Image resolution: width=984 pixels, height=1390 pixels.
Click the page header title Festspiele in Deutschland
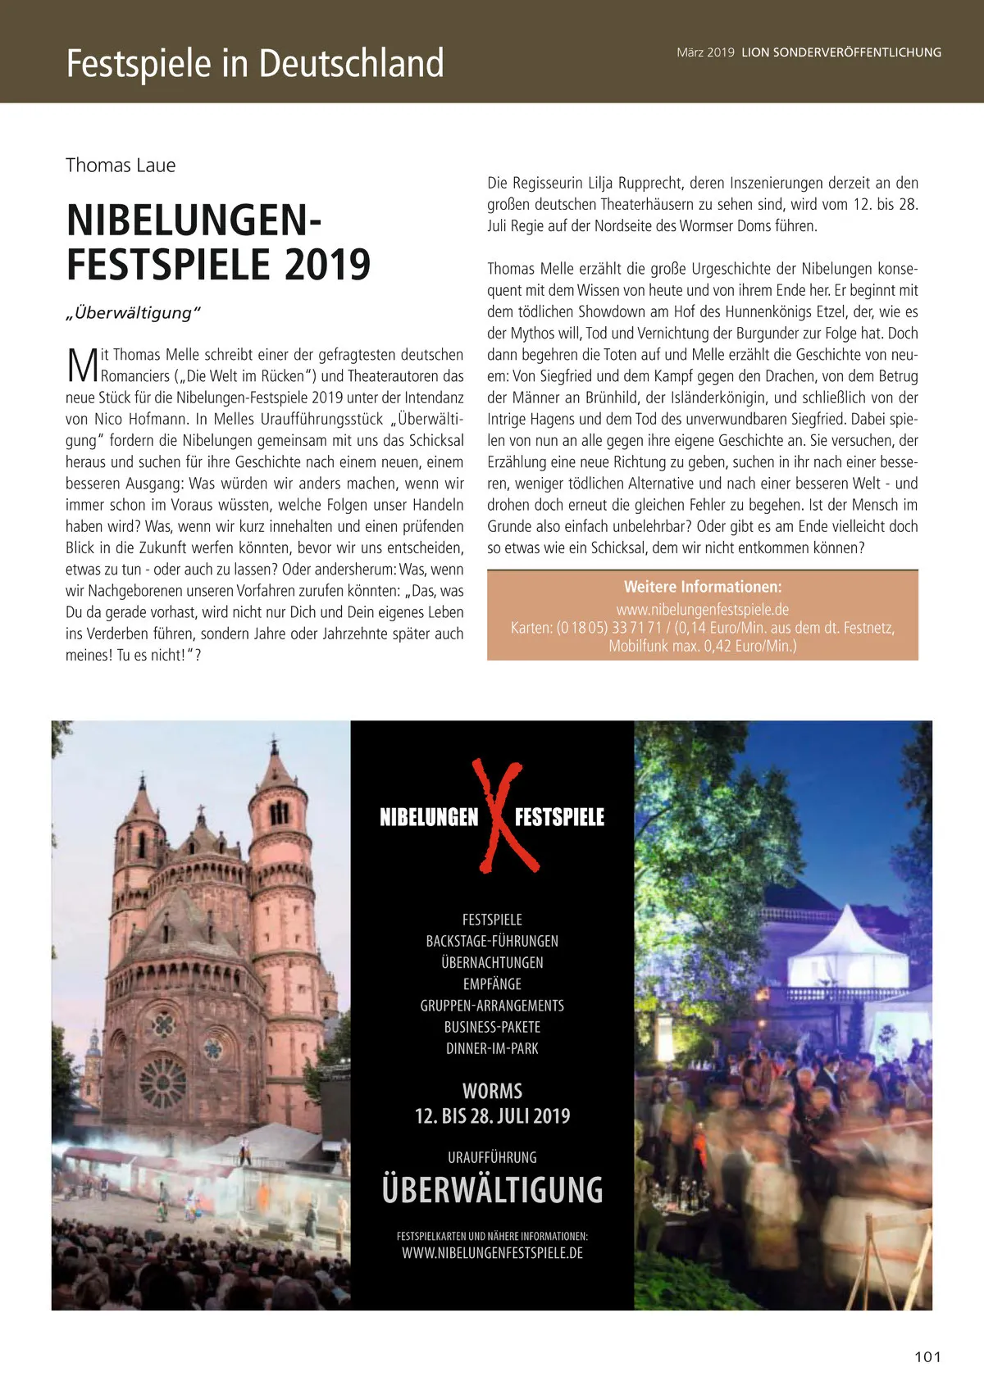(x=255, y=64)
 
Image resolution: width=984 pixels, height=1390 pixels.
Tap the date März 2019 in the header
(x=705, y=52)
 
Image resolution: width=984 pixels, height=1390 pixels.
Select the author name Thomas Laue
(x=121, y=166)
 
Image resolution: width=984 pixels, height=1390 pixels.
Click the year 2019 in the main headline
(x=328, y=264)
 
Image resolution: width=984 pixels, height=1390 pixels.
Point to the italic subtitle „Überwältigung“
(x=133, y=313)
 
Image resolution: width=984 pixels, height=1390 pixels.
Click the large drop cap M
(x=82, y=366)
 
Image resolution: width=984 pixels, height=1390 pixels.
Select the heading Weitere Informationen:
(x=703, y=587)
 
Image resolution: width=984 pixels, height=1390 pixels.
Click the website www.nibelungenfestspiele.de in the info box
(x=703, y=609)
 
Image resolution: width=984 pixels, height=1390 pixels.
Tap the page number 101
(x=927, y=1356)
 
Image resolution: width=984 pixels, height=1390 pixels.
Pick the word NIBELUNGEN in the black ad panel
(x=429, y=817)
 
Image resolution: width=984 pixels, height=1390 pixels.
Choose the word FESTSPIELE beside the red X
(x=559, y=817)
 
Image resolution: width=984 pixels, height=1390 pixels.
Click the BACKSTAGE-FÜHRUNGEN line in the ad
(x=492, y=941)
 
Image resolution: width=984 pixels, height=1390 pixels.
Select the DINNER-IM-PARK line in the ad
(x=492, y=1048)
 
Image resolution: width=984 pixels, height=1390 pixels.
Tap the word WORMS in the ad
(x=492, y=1091)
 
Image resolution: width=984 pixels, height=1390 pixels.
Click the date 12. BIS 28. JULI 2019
(x=492, y=1116)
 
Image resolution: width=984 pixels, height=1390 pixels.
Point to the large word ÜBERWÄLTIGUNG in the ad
(x=492, y=1190)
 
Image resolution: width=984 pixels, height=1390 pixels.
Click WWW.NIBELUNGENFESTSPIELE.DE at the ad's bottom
(x=492, y=1253)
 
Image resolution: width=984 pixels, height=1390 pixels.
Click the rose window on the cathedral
(x=162, y=1082)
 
